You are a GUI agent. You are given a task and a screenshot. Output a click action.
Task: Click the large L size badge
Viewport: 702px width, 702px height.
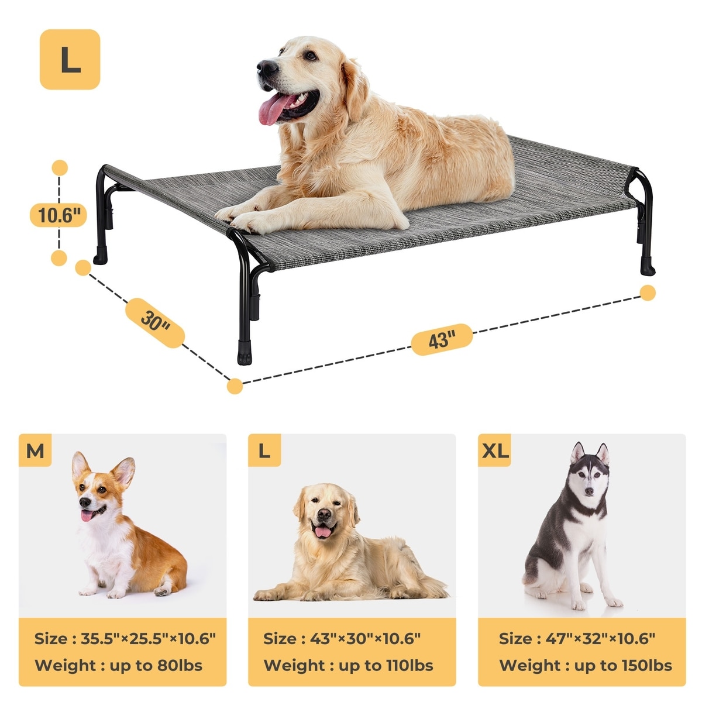point(70,60)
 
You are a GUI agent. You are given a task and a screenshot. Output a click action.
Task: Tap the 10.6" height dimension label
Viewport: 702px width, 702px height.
point(58,215)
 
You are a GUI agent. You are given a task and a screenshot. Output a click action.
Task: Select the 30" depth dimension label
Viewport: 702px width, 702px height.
point(155,323)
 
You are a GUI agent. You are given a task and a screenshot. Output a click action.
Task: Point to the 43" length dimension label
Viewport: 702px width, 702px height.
point(442,339)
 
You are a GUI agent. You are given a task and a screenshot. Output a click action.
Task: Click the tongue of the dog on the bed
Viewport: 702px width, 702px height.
point(272,108)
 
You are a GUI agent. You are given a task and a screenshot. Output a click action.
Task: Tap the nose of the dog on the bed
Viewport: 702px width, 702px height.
point(266,67)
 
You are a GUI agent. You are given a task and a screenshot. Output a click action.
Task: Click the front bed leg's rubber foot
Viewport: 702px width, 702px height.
point(245,352)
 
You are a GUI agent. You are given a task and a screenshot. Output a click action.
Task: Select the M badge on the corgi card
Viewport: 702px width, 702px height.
point(35,450)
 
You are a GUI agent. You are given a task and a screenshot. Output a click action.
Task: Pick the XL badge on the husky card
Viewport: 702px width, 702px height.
point(495,450)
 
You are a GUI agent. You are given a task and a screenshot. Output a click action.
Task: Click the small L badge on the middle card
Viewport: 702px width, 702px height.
point(264,450)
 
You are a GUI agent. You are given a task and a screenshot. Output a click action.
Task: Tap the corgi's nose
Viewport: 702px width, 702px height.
point(84,503)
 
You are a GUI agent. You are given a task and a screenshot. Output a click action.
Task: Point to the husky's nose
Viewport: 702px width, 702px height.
point(589,491)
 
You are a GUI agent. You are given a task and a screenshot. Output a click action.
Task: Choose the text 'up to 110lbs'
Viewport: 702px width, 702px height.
point(386,665)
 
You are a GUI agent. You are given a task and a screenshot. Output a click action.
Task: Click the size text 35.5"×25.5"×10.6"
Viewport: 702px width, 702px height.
point(148,638)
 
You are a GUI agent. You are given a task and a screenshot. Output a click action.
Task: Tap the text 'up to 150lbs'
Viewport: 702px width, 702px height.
point(623,665)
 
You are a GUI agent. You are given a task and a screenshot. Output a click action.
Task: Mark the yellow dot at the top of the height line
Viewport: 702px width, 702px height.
point(60,167)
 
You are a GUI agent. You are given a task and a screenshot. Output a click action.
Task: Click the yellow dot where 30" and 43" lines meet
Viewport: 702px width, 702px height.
point(235,386)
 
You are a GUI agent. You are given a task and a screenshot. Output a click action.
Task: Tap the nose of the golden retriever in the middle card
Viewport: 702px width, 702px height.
point(324,514)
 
